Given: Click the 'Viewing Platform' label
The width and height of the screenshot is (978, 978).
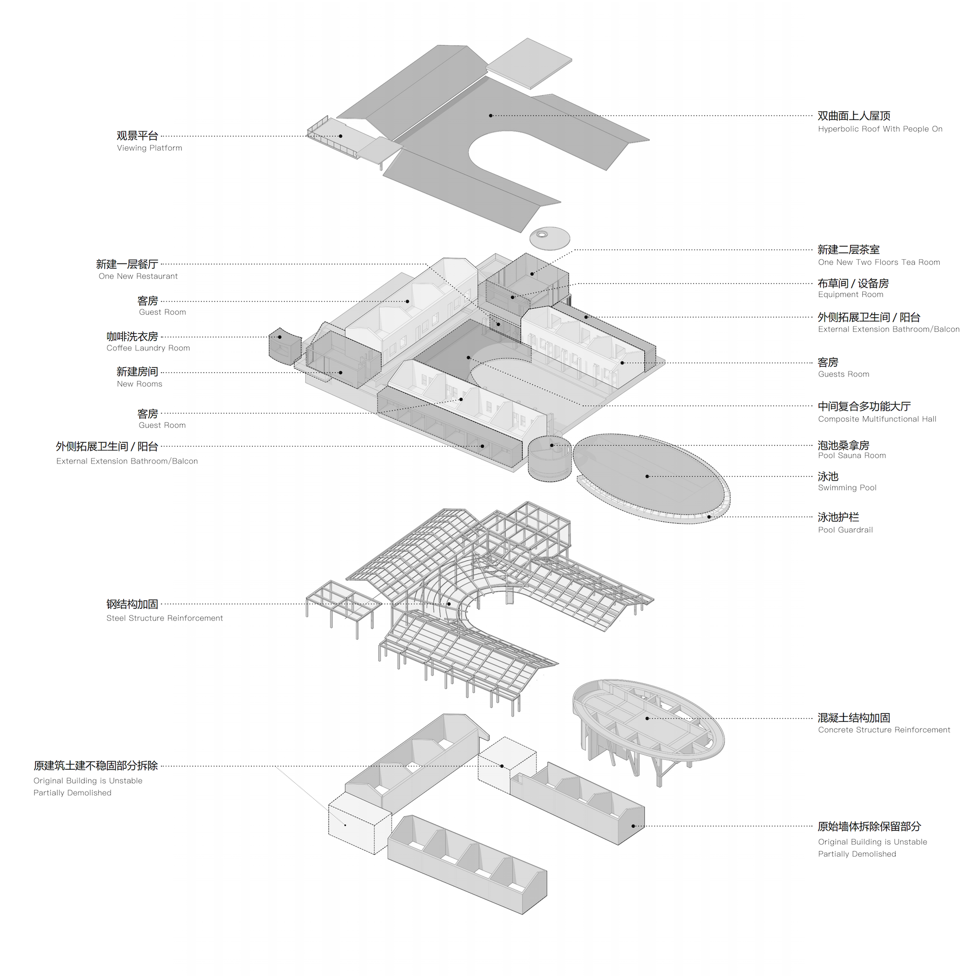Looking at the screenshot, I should [x=149, y=148].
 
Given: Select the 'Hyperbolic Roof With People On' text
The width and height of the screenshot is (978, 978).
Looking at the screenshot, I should [x=880, y=129].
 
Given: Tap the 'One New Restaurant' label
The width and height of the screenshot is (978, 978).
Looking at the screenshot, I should [x=138, y=277].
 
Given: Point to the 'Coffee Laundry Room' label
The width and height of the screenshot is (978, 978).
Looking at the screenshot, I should [x=148, y=348].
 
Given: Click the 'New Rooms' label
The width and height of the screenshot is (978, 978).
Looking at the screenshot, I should [x=139, y=384].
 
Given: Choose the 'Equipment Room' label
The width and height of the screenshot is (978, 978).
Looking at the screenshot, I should [x=850, y=295].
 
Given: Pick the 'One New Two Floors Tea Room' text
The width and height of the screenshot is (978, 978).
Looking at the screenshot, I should [x=879, y=263].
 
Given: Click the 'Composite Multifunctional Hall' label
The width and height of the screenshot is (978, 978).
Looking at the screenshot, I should [x=877, y=419].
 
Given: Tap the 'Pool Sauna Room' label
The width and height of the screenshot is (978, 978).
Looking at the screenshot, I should [x=852, y=456].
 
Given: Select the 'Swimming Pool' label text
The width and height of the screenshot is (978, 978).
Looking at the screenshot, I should [x=847, y=488].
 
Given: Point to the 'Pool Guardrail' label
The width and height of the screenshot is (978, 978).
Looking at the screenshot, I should [x=845, y=530].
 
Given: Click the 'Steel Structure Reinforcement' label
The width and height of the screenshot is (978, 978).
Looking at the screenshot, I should [x=165, y=618].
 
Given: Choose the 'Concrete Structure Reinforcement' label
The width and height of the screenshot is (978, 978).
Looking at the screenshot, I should [x=884, y=730].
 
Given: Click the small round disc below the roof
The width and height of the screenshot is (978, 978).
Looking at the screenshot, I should [x=550, y=238].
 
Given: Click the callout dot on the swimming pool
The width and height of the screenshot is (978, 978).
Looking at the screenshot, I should [x=647, y=476].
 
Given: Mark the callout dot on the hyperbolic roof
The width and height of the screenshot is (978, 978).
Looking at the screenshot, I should [x=491, y=116].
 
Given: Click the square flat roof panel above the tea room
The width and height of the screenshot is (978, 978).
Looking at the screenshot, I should [x=529, y=64].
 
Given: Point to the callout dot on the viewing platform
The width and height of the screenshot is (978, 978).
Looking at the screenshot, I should [x=341, y=136].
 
